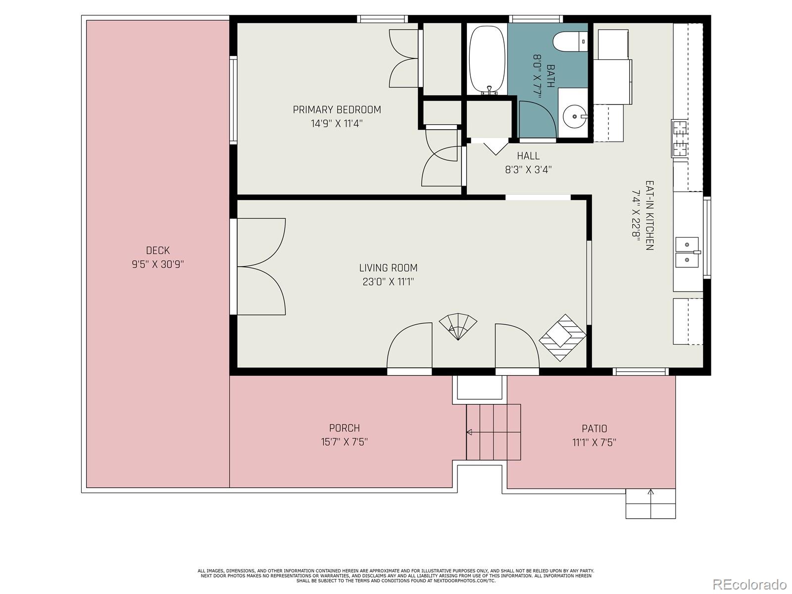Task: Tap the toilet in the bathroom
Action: (570, 42)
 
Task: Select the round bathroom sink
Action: (574, 116)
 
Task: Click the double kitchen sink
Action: (688, 252)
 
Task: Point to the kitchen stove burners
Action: (680, 139)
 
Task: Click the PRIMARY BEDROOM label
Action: (337, 109)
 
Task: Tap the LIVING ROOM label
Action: (388, 268)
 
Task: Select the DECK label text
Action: (158, 250)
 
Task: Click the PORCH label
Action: (344, 428)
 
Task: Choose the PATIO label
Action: (594, 429)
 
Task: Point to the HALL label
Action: (528, 156)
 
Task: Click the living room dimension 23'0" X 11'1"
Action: (388, 282)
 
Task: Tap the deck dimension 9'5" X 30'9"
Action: (158, 264)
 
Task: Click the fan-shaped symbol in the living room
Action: (458, 326)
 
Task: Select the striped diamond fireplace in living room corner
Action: (562, 338)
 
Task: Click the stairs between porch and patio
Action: (493, 432)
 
